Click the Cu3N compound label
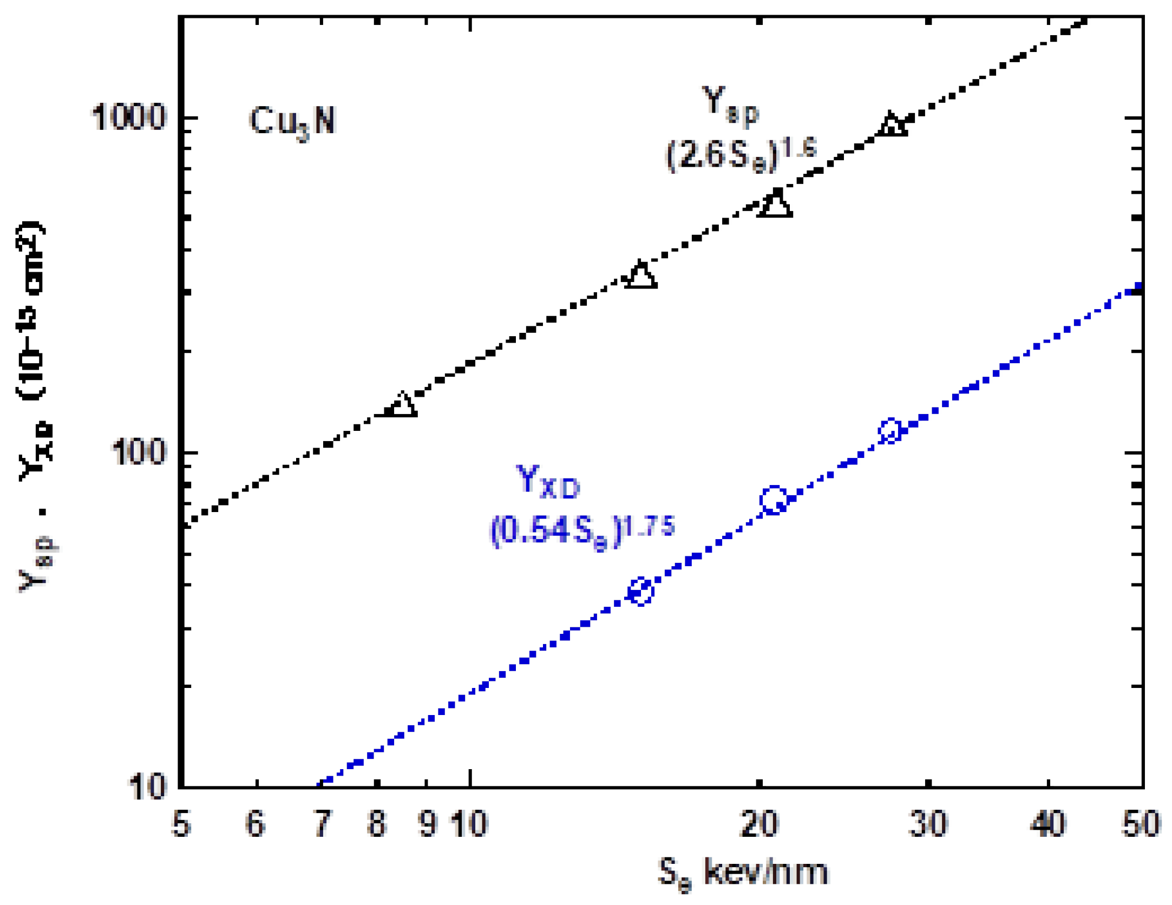pyautogui.click(x=292, y=121)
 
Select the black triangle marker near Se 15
pyautogui.click(x=641, y=275)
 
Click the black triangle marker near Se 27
pyautogui.click(x=891, y=124)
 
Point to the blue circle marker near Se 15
pyautogui.click(x=641, y=592)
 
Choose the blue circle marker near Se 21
pyautogui.click(x=774, y=500)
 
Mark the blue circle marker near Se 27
pyautogui.click(x=891, y=431)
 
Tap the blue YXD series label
pyautogui.click(x=548, y=481)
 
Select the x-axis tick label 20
pyautogui.click(x=759, y=825)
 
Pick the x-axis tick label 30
pyautogui.click(x=928, y=825)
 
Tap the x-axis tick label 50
pyautogui.click(x=1141, y=825)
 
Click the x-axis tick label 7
pyautogui.click(x=323, y=825)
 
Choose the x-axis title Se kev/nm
pyautogui.click(x=743, y=873)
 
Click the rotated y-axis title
pyautogui.click(x=34, y=406)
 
